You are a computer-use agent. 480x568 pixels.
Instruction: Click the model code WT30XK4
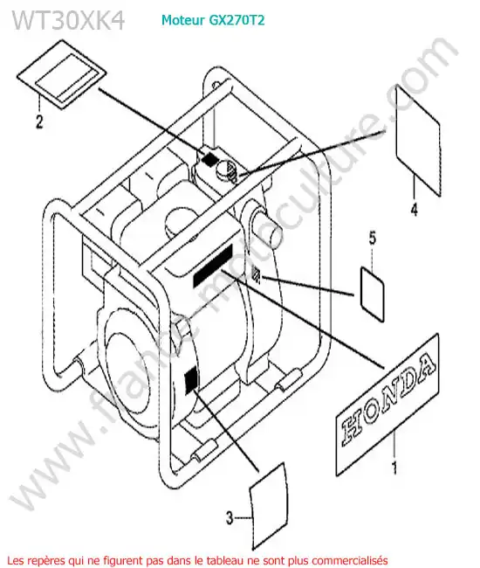pyautogui.click(x=69, y=19)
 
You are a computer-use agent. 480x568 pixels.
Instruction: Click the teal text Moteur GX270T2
pyautogui.click(x=213, y=19)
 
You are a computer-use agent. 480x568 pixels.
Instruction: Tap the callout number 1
pyautogui.click(x=394, y=468)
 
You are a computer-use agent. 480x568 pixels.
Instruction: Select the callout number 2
pyautogui.click(x=39, y=121)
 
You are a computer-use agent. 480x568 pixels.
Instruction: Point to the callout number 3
pyautogui.click(x=230, y=517)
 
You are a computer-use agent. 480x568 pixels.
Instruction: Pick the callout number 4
pyautogui.click(x=415, y=210)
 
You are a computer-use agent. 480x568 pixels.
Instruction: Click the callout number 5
pyautogui.click(x=372, y=238)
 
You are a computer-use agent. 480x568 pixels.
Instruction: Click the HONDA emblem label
pyautogui.click(x=387, y=404)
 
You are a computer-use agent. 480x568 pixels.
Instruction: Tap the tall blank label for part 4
pyautogui.click(x=419, y=141)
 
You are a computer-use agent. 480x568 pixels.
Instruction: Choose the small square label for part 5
pyautogui.click(x=372, y=294)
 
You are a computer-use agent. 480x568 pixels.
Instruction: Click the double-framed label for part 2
pyautogui.click(x=62, y=74)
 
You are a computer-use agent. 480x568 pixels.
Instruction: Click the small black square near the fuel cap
pyautogui.click(x=209, y=158)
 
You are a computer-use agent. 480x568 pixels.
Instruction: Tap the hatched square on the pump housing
pyautogui.click(x=256, y=274)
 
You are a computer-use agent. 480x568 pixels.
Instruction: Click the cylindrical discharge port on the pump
pyautogui.click(x=267, y=229)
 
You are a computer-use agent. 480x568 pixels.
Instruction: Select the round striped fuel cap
pyautogui.click(x=227, y=170)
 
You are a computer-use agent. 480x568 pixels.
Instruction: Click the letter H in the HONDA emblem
pyautogui.click(x=353, y=427)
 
